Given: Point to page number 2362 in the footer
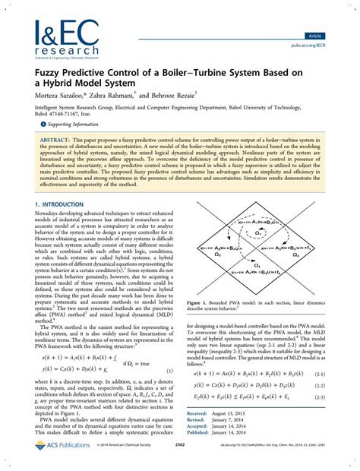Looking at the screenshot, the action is [181, 457].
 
